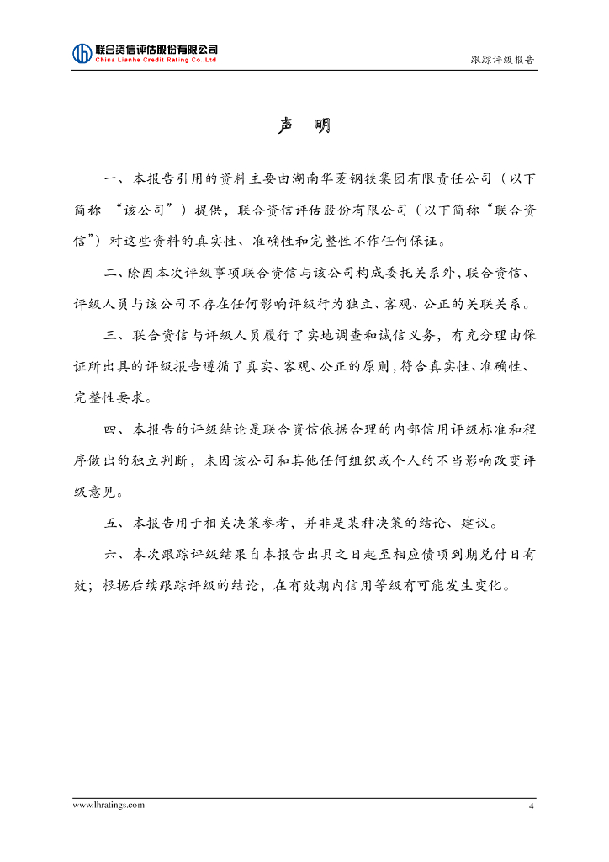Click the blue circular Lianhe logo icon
82,53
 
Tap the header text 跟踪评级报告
502,60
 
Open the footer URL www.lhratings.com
109,805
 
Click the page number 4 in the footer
531,806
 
